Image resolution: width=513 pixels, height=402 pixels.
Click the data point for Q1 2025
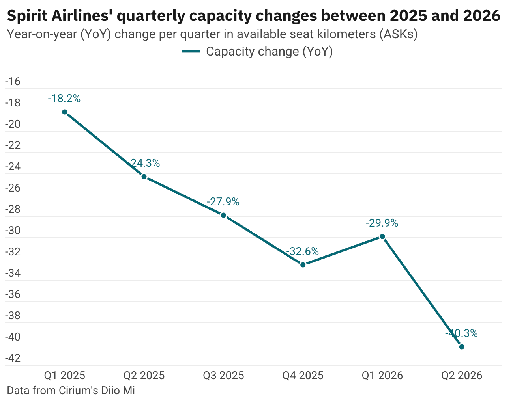click(64, 112)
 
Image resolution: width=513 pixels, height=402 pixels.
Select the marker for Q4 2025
click(303, 264)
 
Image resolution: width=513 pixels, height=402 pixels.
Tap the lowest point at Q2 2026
click(462, 347)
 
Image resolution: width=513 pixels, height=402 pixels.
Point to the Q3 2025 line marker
click(223, 215)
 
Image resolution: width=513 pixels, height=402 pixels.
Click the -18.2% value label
click(64, 99)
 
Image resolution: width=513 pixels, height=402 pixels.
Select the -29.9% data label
click(382, 223)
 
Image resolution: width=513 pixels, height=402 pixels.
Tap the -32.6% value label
click(302, 251)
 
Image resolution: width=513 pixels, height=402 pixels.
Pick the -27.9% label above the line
click(223, 202)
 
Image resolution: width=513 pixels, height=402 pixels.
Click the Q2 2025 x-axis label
click(144, 376)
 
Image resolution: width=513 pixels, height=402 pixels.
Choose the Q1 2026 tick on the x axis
click(382, 376)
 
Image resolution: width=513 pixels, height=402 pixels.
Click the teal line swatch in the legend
click(191, 52)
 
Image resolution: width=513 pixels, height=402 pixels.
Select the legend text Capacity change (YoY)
click(270, 52)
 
